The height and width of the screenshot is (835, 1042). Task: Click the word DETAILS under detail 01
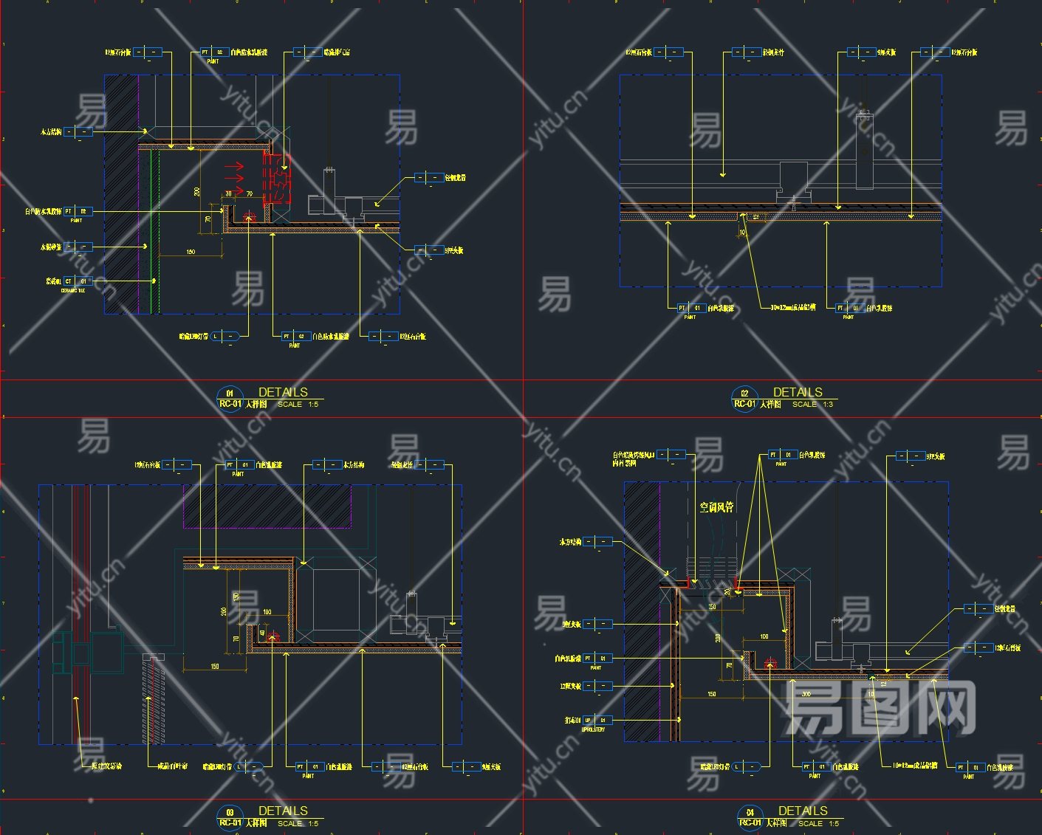click(283, 392)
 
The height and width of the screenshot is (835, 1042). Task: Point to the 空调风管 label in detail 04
click(716, 507)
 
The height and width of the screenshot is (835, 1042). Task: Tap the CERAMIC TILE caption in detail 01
click(72, 291)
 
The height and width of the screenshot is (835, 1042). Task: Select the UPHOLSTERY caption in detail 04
click(593, 729)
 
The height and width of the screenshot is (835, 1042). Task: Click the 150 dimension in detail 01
click(191, 252)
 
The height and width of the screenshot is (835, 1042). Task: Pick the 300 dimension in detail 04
click(806, 694)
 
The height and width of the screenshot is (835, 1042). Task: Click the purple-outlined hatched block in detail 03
click(267, 506)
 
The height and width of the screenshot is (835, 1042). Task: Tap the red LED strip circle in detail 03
click(274, 635)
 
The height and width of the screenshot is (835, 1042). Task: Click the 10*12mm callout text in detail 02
click(793, 307)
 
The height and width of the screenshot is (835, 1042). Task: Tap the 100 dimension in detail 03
click(267, 612)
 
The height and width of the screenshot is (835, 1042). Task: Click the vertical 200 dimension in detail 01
click(197, 191)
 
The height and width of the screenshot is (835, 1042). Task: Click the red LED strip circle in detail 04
click(770, 664)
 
